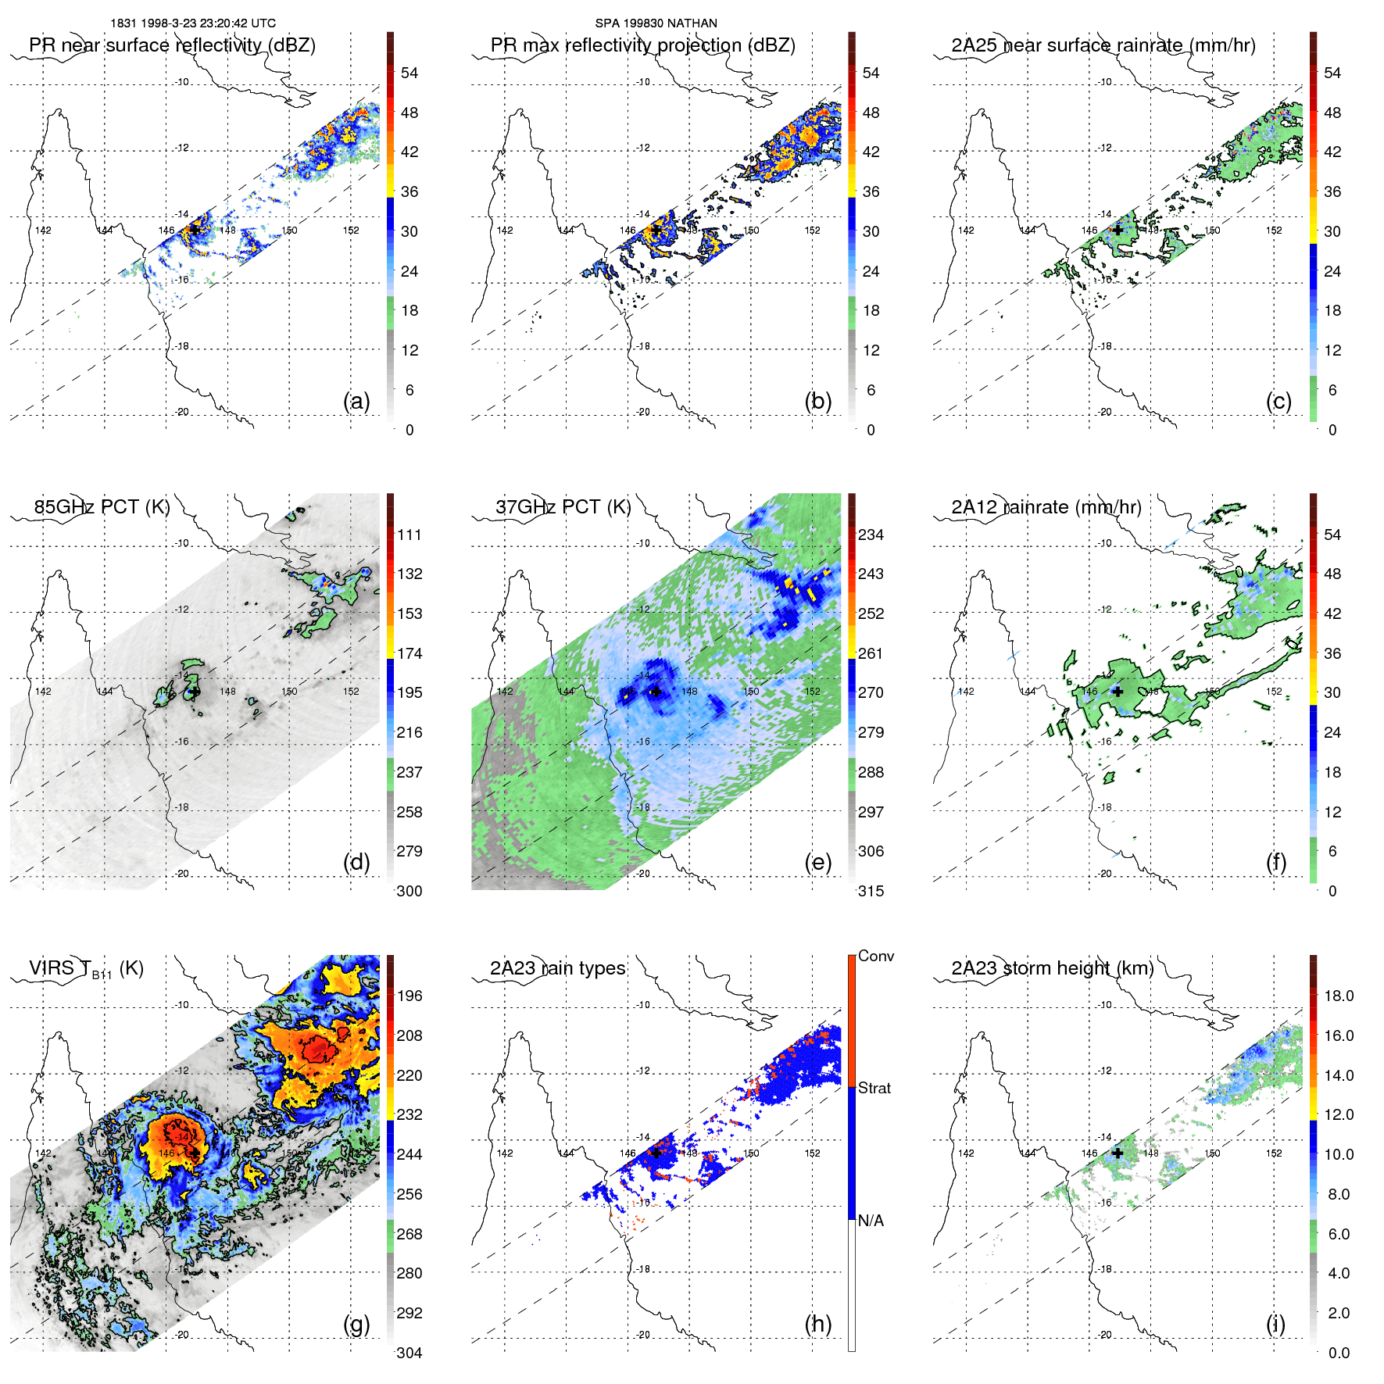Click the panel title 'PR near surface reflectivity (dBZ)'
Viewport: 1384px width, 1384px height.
pyautogui.click(x=172, y=45)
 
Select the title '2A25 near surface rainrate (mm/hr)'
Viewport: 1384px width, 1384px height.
pyautogui.click(x=1103, y=45)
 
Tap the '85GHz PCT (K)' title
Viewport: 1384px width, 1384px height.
pyautogui.click(x=102, y=507)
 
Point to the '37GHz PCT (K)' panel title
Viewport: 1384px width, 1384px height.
pyautogui.click(x=563, y=507)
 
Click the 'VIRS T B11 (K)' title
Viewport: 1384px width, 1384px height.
pyautogui.click(x=86, y=969)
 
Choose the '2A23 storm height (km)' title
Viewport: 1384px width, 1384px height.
pyautogui.click(x=1052, y=969)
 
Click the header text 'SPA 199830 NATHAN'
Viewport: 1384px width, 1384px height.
pyautogui.click(x=656, y=23)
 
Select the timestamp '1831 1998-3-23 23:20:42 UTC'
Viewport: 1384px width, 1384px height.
pyautogui.click(x=192, y=23)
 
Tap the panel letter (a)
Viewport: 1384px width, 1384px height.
pyautogui.click(x=356, y=401)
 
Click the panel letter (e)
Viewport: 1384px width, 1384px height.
pyautogui.click(x=817, y=862)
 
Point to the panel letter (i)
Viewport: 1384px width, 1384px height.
pyautogui.click(x=1275, y=1324)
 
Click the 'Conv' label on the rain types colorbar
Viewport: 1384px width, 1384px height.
pyautogui.click(x=875, y=957)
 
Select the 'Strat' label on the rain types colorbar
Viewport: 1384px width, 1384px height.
pyautogui.click(x=874, y=1089)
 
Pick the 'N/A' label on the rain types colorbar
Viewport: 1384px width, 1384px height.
pyautogui.click(x=871, y=1221)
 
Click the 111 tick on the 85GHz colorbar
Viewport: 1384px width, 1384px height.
pyautogui.click(x=409, y=535)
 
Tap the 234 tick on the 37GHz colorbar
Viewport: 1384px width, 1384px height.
pyautogui.click(x=871, y=535)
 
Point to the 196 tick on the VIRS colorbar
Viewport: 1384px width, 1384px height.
pyautogui.click(x=409, y=996)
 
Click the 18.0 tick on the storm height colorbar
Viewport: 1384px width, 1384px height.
pyautogui.click(x=1338, y=996)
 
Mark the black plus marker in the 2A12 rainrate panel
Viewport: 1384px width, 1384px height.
pyautogui.click(x=1118, y=692)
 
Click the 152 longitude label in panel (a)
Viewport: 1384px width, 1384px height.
pyautogui.click(x=351, y=231)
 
